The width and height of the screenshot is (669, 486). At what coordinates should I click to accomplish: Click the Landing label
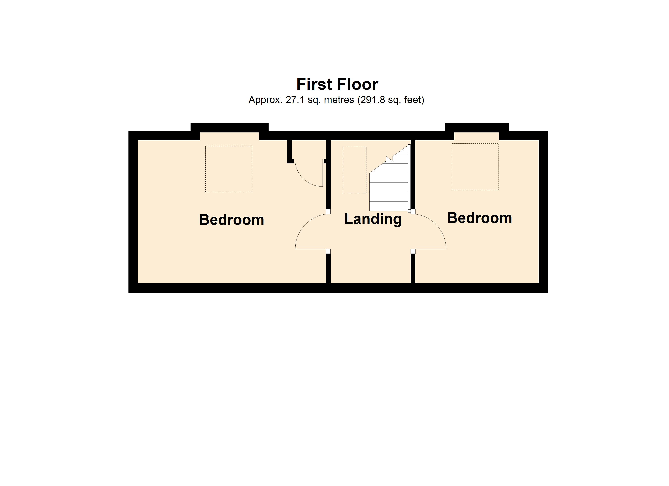point(373,220)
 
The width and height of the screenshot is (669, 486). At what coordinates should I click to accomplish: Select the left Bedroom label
point(232,220)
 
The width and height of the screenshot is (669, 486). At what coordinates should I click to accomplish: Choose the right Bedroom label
point(480,218)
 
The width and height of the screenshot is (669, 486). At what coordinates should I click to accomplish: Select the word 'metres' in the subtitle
point(339,100)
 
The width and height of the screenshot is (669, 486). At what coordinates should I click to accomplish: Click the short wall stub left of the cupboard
point(290,151)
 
